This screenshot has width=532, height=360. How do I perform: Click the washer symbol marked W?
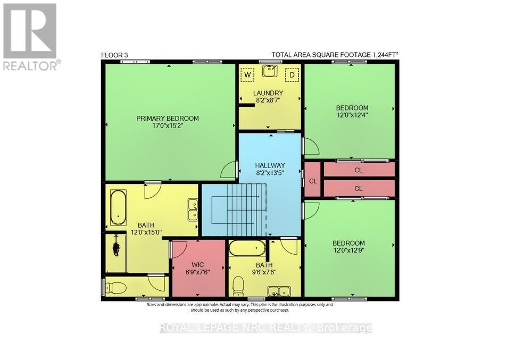coord(246,75)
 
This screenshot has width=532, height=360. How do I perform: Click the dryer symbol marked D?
coord(292,75)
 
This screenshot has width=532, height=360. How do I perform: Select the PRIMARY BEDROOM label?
coord(168,119)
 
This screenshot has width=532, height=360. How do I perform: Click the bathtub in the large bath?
coord(118,208)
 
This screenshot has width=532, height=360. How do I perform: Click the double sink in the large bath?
coord(193,210)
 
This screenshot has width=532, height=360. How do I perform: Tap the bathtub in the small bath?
coord(247,247)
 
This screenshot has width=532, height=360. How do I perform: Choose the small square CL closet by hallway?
coord(312,180)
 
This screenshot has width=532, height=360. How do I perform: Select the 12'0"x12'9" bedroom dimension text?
coord(349,250)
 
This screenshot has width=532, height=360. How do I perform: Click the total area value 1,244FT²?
coord(381,55)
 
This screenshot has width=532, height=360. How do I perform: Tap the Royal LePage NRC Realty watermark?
coord(266,328)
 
